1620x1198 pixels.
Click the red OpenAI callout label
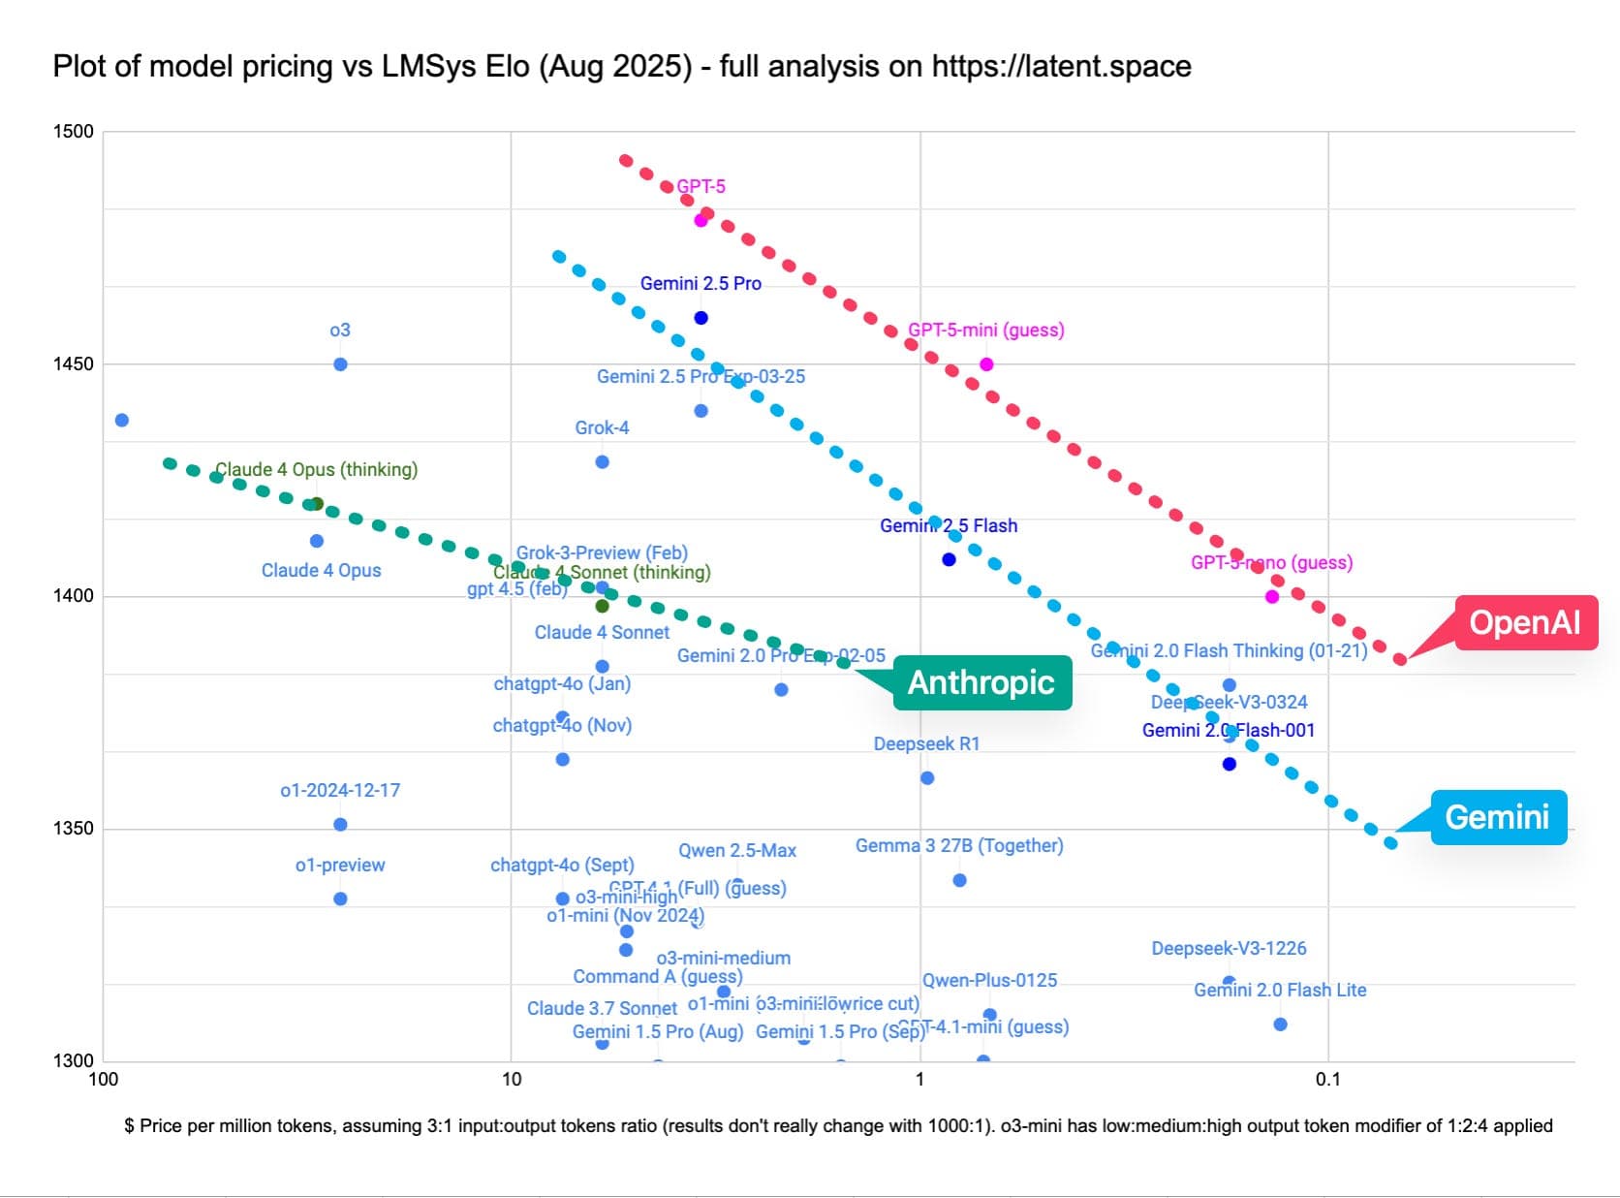point(1525,622)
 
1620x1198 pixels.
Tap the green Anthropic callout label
point(981,682)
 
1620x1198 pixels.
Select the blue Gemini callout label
point(1497,817)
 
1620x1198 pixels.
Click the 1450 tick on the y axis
point(73,364)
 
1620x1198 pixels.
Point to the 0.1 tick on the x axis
point(1327,1080)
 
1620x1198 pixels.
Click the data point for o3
point(340,364)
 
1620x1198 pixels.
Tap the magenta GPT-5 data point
point(701,221)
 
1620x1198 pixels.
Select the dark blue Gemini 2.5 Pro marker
point(701,318)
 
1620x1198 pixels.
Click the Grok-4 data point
point(602,462)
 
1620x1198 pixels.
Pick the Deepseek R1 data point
point(927,778)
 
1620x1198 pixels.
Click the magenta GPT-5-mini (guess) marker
point(986,364)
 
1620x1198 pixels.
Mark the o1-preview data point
point(340,899)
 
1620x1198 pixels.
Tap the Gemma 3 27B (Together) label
point(959,846)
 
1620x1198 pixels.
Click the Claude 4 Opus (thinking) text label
point(316,470)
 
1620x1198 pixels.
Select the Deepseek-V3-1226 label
point(1229,949)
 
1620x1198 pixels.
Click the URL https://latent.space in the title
point(1061,67)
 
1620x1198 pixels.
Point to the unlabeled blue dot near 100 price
point(122,421)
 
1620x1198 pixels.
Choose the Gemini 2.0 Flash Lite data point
point(1280,1025)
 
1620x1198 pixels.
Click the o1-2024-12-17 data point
point(340,825)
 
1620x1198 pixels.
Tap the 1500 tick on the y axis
point(73,132)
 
